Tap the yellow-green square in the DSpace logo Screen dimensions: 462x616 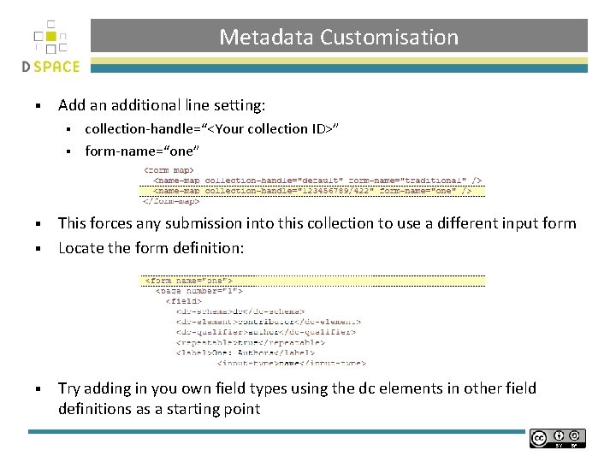[53, 37]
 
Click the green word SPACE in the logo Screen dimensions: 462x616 [58, 67]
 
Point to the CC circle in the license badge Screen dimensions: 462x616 [539, 439]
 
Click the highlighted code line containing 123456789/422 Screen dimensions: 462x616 [312, 191]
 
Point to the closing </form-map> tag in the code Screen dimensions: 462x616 [171, 201]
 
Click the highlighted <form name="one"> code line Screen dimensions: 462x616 [189, 281]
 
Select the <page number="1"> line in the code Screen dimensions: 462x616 [198, 291]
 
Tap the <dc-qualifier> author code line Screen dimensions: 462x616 [265, 331]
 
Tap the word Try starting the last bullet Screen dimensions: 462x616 [69, 388]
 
